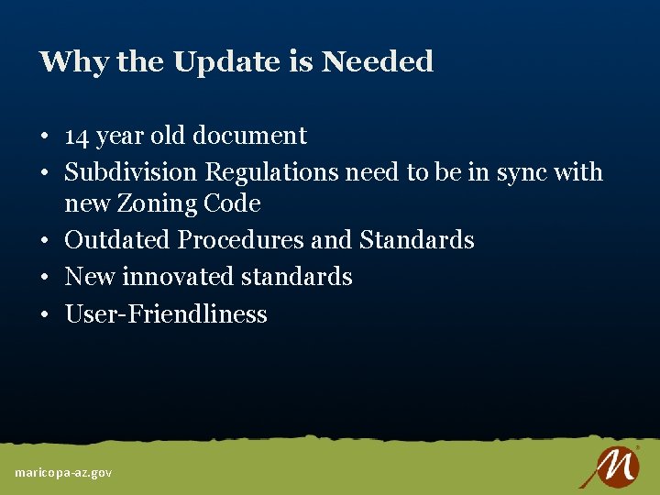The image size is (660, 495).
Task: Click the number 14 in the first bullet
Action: click(x=77, y=136)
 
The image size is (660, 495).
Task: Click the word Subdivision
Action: click(x=131, y=172)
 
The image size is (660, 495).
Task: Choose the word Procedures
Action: click(x=241, y=240)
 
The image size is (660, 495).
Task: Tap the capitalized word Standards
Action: click(x=417, y=240)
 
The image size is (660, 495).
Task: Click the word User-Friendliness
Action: click(x=166, y=314)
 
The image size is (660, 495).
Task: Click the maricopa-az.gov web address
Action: click(x=63, y=472)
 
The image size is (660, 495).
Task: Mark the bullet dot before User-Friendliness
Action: click(x=44, y=315)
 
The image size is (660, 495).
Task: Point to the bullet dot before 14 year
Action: click(x=44, y=137)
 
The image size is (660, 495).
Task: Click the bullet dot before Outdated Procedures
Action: click(x=44, y=241)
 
